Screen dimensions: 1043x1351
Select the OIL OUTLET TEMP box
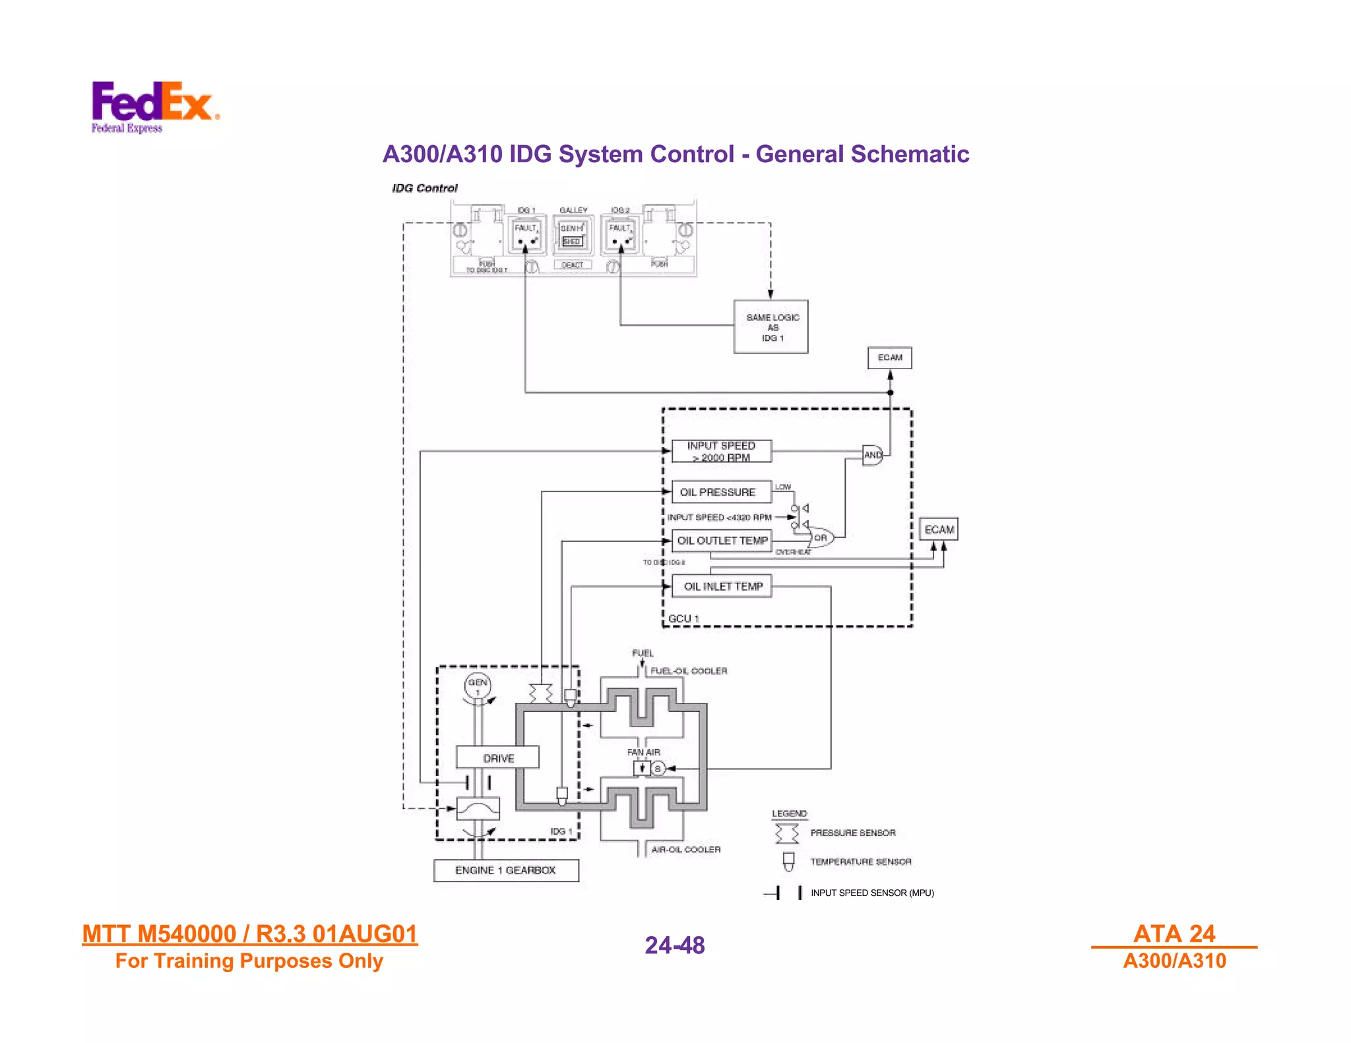point(722,541)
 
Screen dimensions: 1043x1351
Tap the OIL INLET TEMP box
point(722,586)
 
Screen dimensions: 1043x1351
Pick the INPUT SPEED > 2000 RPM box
point(721,451)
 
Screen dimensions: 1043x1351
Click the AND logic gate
point(873,455)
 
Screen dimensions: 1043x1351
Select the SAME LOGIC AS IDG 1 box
point(771,327)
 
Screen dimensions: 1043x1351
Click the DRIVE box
point(498,758)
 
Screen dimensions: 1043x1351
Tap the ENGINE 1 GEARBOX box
point(506,870)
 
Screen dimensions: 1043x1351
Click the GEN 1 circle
point(478,686)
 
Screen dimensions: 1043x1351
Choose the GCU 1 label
point(683,618)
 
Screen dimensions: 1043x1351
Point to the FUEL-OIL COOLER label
point(688,671)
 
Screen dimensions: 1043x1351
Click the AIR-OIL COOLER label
point(685,849)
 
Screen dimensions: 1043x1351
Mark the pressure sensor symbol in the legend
point(786,833)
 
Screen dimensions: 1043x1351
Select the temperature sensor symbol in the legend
point(788,861)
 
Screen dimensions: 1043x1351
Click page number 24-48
point(675,945)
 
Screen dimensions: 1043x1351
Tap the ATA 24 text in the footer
point(1174,934)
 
